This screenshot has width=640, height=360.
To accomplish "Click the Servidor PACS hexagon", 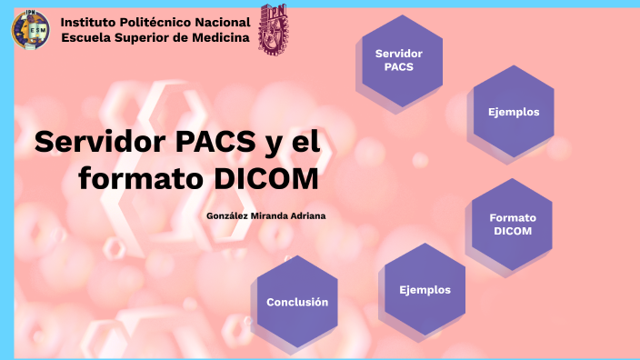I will [402, 60].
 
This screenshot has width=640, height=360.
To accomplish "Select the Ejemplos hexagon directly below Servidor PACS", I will [514, 112].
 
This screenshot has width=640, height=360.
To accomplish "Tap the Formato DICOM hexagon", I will [513, 224].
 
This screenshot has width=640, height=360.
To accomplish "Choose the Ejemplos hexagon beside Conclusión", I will [425, 289].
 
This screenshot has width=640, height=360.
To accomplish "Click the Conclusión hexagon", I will [297, 301].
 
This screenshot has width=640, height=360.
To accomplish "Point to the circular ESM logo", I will [32, 29].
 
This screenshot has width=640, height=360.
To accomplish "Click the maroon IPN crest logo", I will [273, 27].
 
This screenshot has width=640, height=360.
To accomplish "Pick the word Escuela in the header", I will [87, 37].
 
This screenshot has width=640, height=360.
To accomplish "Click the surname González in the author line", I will [226, 215].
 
